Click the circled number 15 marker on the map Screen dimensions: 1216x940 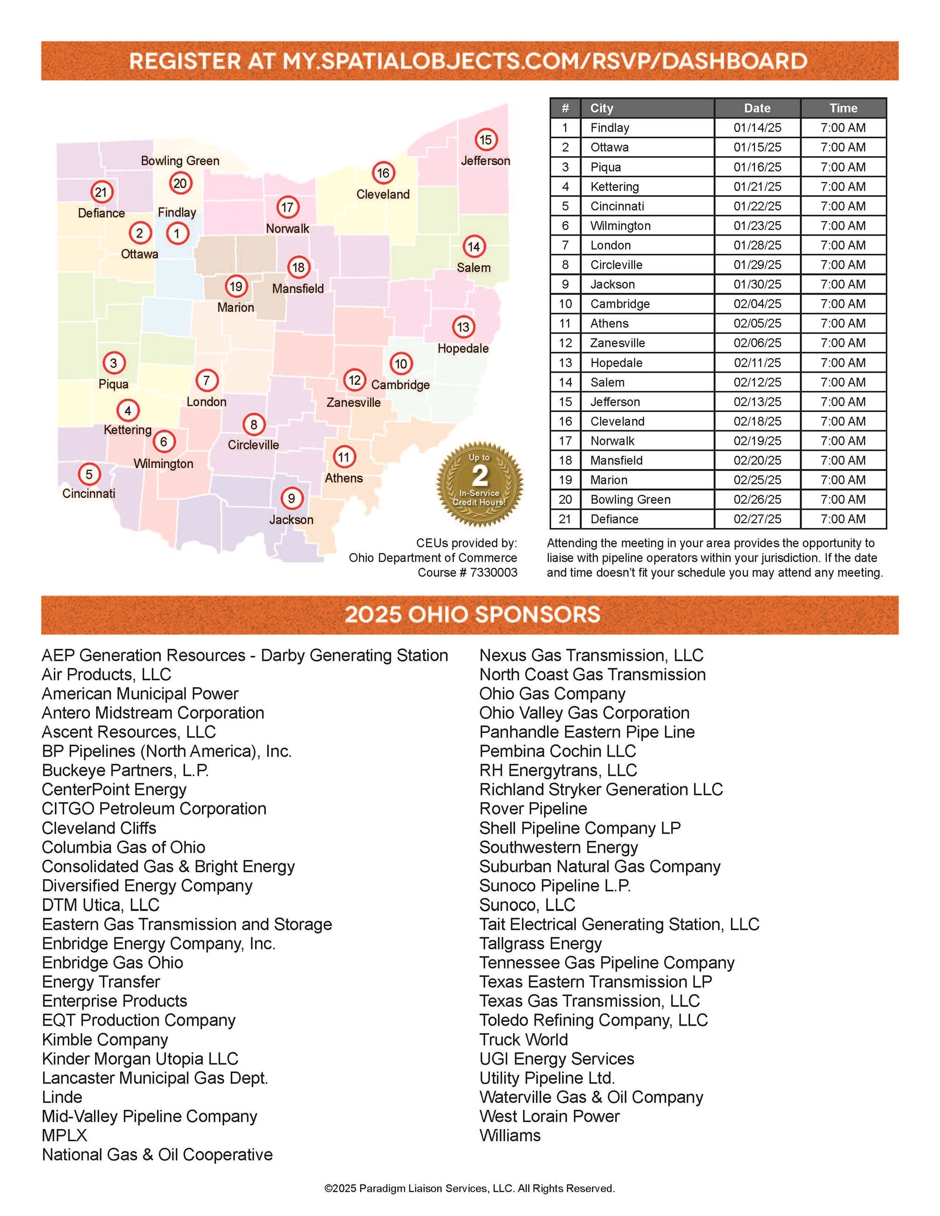point(486,140)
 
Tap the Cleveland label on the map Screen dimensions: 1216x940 point(383,194)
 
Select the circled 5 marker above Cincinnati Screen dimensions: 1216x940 point(88,474)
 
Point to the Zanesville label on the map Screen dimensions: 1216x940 point(353,402)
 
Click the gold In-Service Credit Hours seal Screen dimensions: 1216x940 point(480,484)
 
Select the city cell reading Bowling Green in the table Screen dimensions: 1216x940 point(630,499)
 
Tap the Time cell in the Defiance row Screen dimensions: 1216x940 point(843,519)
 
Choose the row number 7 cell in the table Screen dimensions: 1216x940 point(565,246)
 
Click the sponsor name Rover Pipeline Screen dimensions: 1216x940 point(533,809)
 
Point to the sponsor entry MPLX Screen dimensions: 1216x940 point(64,1135)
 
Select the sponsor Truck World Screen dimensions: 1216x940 point(524,1040)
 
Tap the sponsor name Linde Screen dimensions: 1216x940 point(62,1097)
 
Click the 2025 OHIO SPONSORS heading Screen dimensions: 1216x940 point(472,615)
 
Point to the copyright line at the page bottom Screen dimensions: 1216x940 point(469,1188)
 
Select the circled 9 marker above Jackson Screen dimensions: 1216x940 point(291,498)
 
